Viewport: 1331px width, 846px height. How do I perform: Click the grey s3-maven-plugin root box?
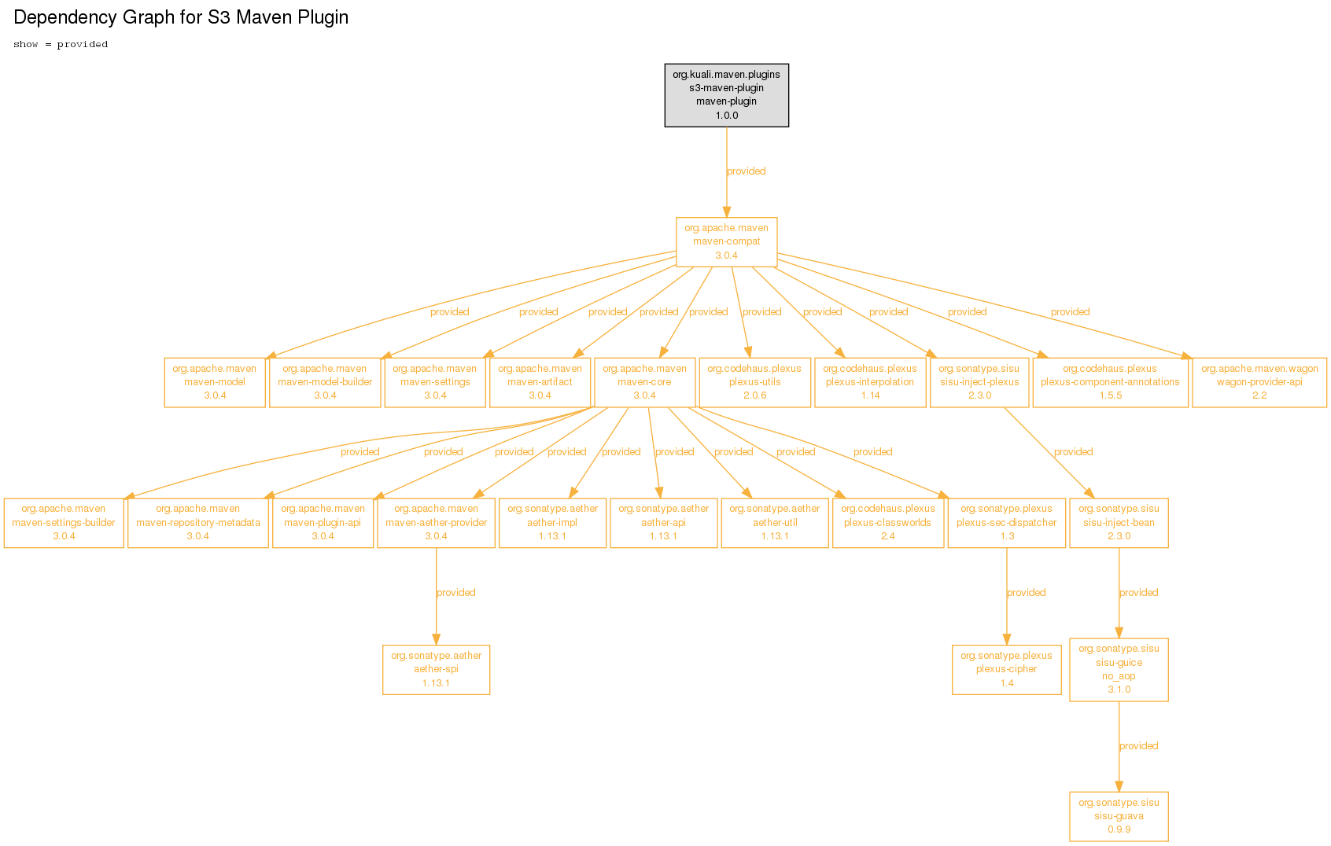[x=726, y=95]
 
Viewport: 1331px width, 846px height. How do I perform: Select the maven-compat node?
[x=726, y=242]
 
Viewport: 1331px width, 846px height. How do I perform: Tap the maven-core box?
[x=645, y=382]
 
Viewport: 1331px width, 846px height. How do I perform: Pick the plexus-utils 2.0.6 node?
[x=754, y=382]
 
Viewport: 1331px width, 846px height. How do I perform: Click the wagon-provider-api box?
[x=1259, y=382]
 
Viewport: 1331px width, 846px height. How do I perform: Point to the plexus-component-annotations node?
[x=1110, y=382]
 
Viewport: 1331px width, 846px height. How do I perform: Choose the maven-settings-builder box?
[x=64, y=523]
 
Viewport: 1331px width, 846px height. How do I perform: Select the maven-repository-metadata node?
[x=198, y=523]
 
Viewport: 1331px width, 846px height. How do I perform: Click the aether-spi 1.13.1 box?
[x=436, y=670]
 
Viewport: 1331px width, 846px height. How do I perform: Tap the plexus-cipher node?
[x=1007, y=670]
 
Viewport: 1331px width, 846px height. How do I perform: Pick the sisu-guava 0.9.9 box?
[x=1119, y=816]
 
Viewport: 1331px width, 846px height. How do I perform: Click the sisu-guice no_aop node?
[x=1119, y=670]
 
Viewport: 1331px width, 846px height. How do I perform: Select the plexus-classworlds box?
[x=888, y=523]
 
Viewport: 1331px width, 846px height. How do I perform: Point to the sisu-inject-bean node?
[x=1119, y=523]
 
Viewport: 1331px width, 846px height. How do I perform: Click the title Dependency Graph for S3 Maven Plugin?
[x=181, y=17]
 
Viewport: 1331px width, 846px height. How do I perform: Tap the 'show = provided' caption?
[x=61, y=44]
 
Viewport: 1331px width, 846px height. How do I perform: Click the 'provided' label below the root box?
[x=747, y=171]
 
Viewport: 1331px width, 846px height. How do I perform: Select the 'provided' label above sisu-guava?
[x=1138, y=746]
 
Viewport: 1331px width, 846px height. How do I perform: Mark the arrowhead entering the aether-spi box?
[x=436, y=639]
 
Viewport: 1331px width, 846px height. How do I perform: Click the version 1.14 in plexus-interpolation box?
[x=871, y=395]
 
